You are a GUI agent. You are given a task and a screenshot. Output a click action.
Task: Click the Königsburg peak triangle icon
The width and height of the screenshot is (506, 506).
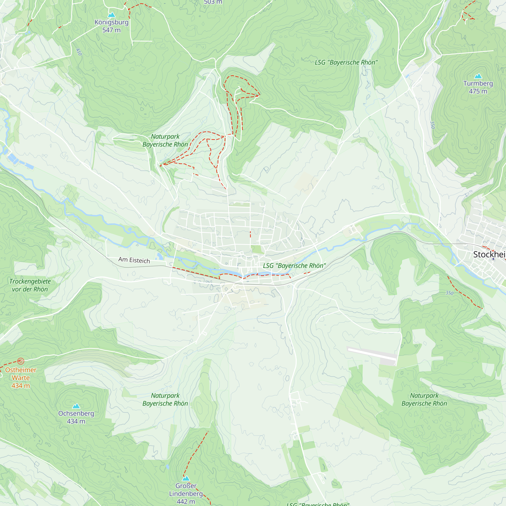112,15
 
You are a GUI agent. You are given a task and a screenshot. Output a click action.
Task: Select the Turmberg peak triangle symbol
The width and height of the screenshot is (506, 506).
478,76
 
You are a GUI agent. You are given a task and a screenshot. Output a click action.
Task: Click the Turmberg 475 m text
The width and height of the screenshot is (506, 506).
478,87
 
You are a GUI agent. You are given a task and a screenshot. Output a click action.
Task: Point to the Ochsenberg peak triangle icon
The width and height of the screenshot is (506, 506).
76,406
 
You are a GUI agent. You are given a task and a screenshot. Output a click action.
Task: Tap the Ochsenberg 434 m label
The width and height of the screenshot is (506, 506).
76,417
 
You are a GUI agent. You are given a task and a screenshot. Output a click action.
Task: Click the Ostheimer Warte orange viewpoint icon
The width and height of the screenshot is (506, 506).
21,361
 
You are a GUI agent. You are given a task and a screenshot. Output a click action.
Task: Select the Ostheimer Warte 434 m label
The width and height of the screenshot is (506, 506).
21,378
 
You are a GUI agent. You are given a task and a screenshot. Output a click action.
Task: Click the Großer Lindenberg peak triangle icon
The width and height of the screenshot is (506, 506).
186,478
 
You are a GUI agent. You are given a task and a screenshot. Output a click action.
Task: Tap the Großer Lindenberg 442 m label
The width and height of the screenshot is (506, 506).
186,493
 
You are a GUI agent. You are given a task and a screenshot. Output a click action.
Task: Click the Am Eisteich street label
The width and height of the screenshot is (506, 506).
134,260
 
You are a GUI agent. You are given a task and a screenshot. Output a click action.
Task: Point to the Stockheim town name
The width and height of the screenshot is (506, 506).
489,254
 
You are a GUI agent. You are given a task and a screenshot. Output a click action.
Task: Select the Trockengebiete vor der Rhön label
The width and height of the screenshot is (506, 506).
30,285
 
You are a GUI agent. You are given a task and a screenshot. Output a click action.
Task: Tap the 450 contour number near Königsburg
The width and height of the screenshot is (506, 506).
79,52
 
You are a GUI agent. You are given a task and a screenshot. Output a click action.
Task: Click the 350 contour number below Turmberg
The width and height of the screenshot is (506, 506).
432,125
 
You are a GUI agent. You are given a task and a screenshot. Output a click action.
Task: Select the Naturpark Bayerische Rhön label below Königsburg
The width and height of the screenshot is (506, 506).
165,140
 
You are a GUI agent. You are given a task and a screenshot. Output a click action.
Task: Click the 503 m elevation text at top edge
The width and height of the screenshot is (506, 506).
213,2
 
